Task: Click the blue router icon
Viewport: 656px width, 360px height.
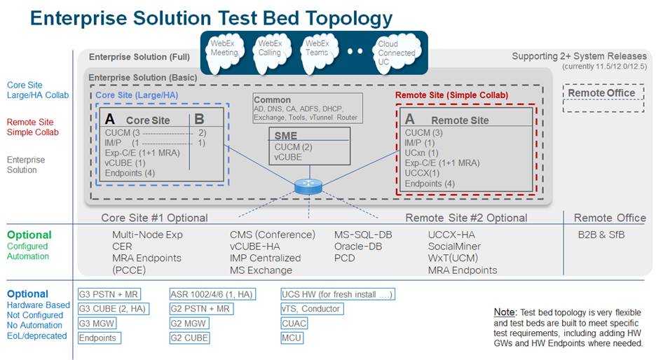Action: coord(307,186)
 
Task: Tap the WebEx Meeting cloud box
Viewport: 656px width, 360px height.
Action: coord(224,48)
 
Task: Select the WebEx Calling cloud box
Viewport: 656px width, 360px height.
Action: coord(270,48)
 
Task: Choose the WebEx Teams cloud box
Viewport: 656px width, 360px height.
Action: coord(317,48)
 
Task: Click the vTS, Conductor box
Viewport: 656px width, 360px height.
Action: coord(311,309)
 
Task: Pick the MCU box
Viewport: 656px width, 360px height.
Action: coord(292,338)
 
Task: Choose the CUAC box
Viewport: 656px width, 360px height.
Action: coord(294,324)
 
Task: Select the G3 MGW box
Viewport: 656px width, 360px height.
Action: coord(97,324)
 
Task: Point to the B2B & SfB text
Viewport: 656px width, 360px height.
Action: coord(601,235)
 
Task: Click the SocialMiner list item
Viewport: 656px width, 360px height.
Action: coord(454,247)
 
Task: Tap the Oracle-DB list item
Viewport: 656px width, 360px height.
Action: coord(358,247)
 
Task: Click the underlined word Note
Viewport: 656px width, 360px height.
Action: coord(505,312)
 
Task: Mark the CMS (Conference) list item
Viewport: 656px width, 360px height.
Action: coord(273,235)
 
